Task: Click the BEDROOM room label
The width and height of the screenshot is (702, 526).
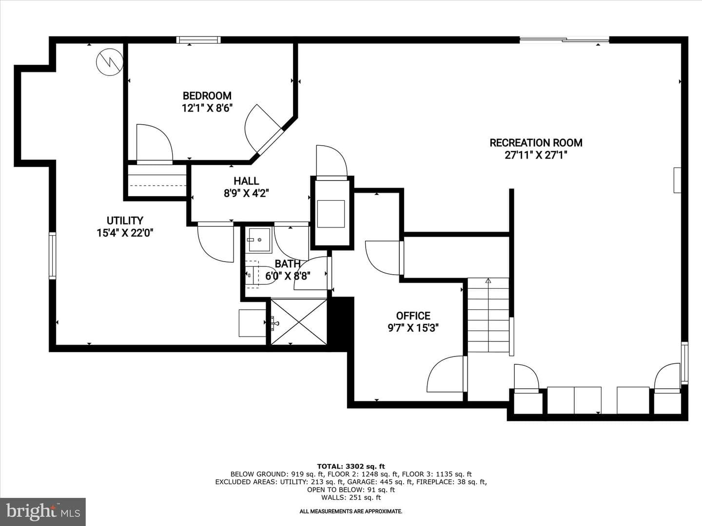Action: click(207, 95)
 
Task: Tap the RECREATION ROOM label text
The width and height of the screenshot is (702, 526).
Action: click(536, 143)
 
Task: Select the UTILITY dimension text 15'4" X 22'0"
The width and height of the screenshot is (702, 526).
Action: click(125, 233)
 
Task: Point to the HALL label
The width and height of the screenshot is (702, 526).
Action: click(246, 181)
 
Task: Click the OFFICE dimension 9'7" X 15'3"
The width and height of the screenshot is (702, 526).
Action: click(413, 328)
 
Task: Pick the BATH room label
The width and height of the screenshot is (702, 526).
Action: click(288, 264)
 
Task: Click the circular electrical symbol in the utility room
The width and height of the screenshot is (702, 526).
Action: click(110, 62)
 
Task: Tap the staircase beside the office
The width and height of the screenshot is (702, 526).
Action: click(488, 315)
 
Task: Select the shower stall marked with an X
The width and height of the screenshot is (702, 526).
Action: click(299, 321)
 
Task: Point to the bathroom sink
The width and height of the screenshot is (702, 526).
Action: click(259, 240)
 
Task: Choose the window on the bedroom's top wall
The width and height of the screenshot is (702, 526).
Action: click(198, 40)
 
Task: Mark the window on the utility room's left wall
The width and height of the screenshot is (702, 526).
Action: click(52, 256)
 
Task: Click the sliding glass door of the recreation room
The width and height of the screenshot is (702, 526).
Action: click(565, 40)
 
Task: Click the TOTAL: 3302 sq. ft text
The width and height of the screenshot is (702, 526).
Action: click(351, 467)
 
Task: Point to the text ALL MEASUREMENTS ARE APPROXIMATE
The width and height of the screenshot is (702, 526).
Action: click(351, 511)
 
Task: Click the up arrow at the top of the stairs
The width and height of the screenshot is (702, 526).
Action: click(488, 281)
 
